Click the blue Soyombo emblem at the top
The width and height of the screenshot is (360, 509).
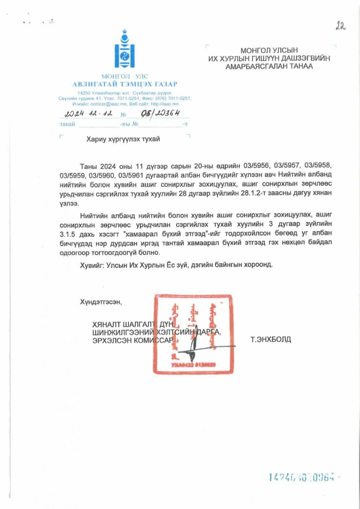pyautogui.click(x=125, y=50)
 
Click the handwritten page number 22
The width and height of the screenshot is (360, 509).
pyautogui.click(x=340, y=26)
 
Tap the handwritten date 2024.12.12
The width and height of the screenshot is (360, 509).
pyautogui.click(x=88, y=114)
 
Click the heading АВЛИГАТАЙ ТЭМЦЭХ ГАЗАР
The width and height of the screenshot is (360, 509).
pyautogui.click(x=125, y=85)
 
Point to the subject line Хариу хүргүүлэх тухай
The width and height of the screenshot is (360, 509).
pyautogui.click(x=123, y=139)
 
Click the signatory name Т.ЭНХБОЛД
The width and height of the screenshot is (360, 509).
pyautogui.click(x=270, y=339)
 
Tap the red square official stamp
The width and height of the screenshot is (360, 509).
pyautogui.click(x=193, y=334)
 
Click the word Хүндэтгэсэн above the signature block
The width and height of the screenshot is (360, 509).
pyautogui.click(x=101, y=302)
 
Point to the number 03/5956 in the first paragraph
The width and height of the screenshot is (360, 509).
pyautogui.click(x=256, y=166)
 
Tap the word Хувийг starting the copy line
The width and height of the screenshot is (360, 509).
pyautogui.click(x=92, y=265)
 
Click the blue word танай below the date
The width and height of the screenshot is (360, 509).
pyautogui.click(x=67, y=124)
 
